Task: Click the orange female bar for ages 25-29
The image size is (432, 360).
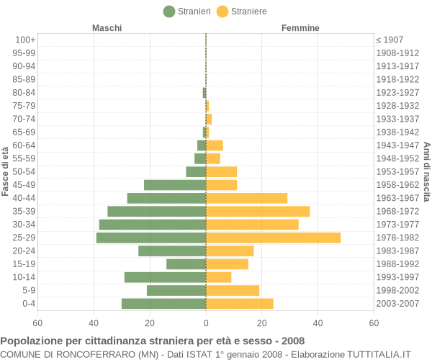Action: (274, 238)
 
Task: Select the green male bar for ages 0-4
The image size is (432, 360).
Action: (164, 304)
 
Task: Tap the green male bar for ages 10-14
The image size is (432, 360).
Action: (166, 277)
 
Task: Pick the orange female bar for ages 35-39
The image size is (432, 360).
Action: (258, 211)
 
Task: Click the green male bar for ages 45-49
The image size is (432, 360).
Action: (175, 185)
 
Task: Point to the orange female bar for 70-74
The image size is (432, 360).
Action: (209, 119)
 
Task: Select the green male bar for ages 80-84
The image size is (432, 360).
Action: (204, 93)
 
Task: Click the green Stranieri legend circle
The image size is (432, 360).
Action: (169, 12)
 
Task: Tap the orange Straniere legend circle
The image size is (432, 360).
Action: (222, 12)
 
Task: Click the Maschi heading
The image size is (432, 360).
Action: (107, 28)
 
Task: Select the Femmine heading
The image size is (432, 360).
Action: (300, 28)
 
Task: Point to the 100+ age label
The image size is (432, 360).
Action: (25, 40)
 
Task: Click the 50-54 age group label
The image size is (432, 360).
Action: (24, 171)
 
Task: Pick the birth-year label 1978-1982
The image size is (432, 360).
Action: (397, 238)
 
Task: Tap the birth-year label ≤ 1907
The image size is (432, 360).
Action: (390, 40)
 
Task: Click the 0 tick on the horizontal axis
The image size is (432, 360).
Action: (206, 323)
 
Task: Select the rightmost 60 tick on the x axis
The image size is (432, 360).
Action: (374, 323)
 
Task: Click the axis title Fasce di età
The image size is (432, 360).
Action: (5, 171)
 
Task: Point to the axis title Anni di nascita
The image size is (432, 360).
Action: (426, 172)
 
